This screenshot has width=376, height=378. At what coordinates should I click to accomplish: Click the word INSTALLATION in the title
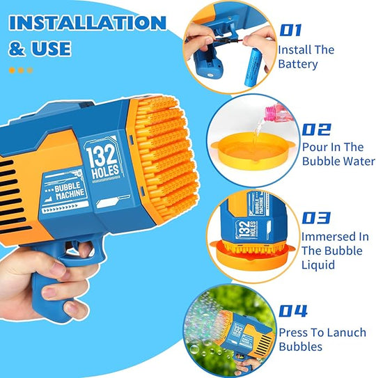coord(88,23)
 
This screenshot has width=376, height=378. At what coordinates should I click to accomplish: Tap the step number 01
coord(290,30)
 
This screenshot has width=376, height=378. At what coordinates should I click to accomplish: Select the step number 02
coord(316,129)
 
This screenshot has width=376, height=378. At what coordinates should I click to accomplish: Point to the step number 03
coord(316,218)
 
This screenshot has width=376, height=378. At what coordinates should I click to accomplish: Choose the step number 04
coord(293,310)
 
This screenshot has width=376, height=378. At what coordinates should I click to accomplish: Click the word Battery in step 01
coord(298,64)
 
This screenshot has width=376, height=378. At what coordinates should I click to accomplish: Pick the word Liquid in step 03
coord(318,265)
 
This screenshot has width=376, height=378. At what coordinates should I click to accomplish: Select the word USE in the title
coord(51,49)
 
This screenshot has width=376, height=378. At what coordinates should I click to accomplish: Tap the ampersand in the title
coord(17,49)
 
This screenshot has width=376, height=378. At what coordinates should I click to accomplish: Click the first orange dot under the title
coord(12,70)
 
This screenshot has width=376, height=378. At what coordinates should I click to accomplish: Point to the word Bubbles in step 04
coord(301,347)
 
